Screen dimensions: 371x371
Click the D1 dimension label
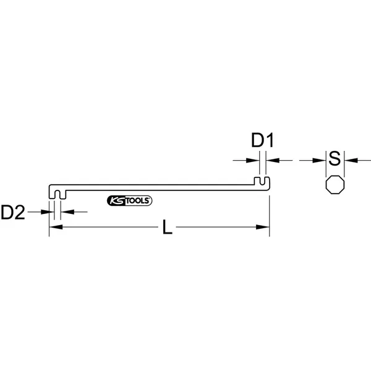point(262,140)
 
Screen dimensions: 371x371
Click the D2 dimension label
point(13,212)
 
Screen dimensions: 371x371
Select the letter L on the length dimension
point(168,227)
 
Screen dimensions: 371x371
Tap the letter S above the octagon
point(335,158)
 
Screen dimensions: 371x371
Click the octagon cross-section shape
point(335,185)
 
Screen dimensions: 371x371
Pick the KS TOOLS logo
point(129,200)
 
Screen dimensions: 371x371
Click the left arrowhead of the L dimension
point(56,227)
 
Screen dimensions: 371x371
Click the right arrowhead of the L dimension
point(263,227)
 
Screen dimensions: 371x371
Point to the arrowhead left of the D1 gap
point(253,160)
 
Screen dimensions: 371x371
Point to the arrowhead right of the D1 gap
point(273,160)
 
